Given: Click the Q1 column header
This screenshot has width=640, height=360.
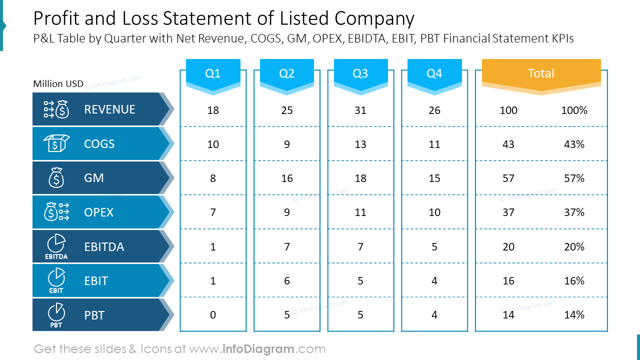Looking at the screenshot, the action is pos(213,73).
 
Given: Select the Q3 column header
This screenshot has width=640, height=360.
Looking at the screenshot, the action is pos(360,73).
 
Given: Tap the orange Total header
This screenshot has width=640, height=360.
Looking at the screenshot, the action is pos(541,73).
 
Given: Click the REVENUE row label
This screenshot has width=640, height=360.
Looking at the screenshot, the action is pos(109,109).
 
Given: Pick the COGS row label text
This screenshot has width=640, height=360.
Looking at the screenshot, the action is pos(99,143).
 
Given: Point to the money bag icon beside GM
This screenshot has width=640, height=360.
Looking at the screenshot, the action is pos(56,177).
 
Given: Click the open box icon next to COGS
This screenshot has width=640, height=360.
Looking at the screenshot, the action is pos(56,143).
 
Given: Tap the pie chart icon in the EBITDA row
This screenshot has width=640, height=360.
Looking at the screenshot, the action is pos(56,243).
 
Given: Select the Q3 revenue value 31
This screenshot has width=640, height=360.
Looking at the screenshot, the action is pos(360,110).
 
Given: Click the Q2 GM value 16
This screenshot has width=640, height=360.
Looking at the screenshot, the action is pos(287,178).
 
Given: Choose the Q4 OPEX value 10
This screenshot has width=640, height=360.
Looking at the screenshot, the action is pos(434,212).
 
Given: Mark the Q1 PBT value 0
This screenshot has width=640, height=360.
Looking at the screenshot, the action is pos(213,315).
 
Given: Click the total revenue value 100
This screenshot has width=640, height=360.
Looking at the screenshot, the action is pos(508,110).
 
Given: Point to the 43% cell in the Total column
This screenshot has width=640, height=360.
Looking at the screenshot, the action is pos(574,144).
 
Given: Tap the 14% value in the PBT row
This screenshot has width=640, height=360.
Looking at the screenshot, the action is pos(574,315).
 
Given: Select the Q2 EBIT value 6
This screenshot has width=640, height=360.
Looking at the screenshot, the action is pos(287,281).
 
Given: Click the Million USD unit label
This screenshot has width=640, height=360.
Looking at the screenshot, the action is pos(58,83).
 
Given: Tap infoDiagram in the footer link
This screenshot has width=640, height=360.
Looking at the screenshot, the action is pos(258,349).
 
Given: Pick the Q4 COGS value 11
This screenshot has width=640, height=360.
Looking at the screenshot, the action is pos(434,144).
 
